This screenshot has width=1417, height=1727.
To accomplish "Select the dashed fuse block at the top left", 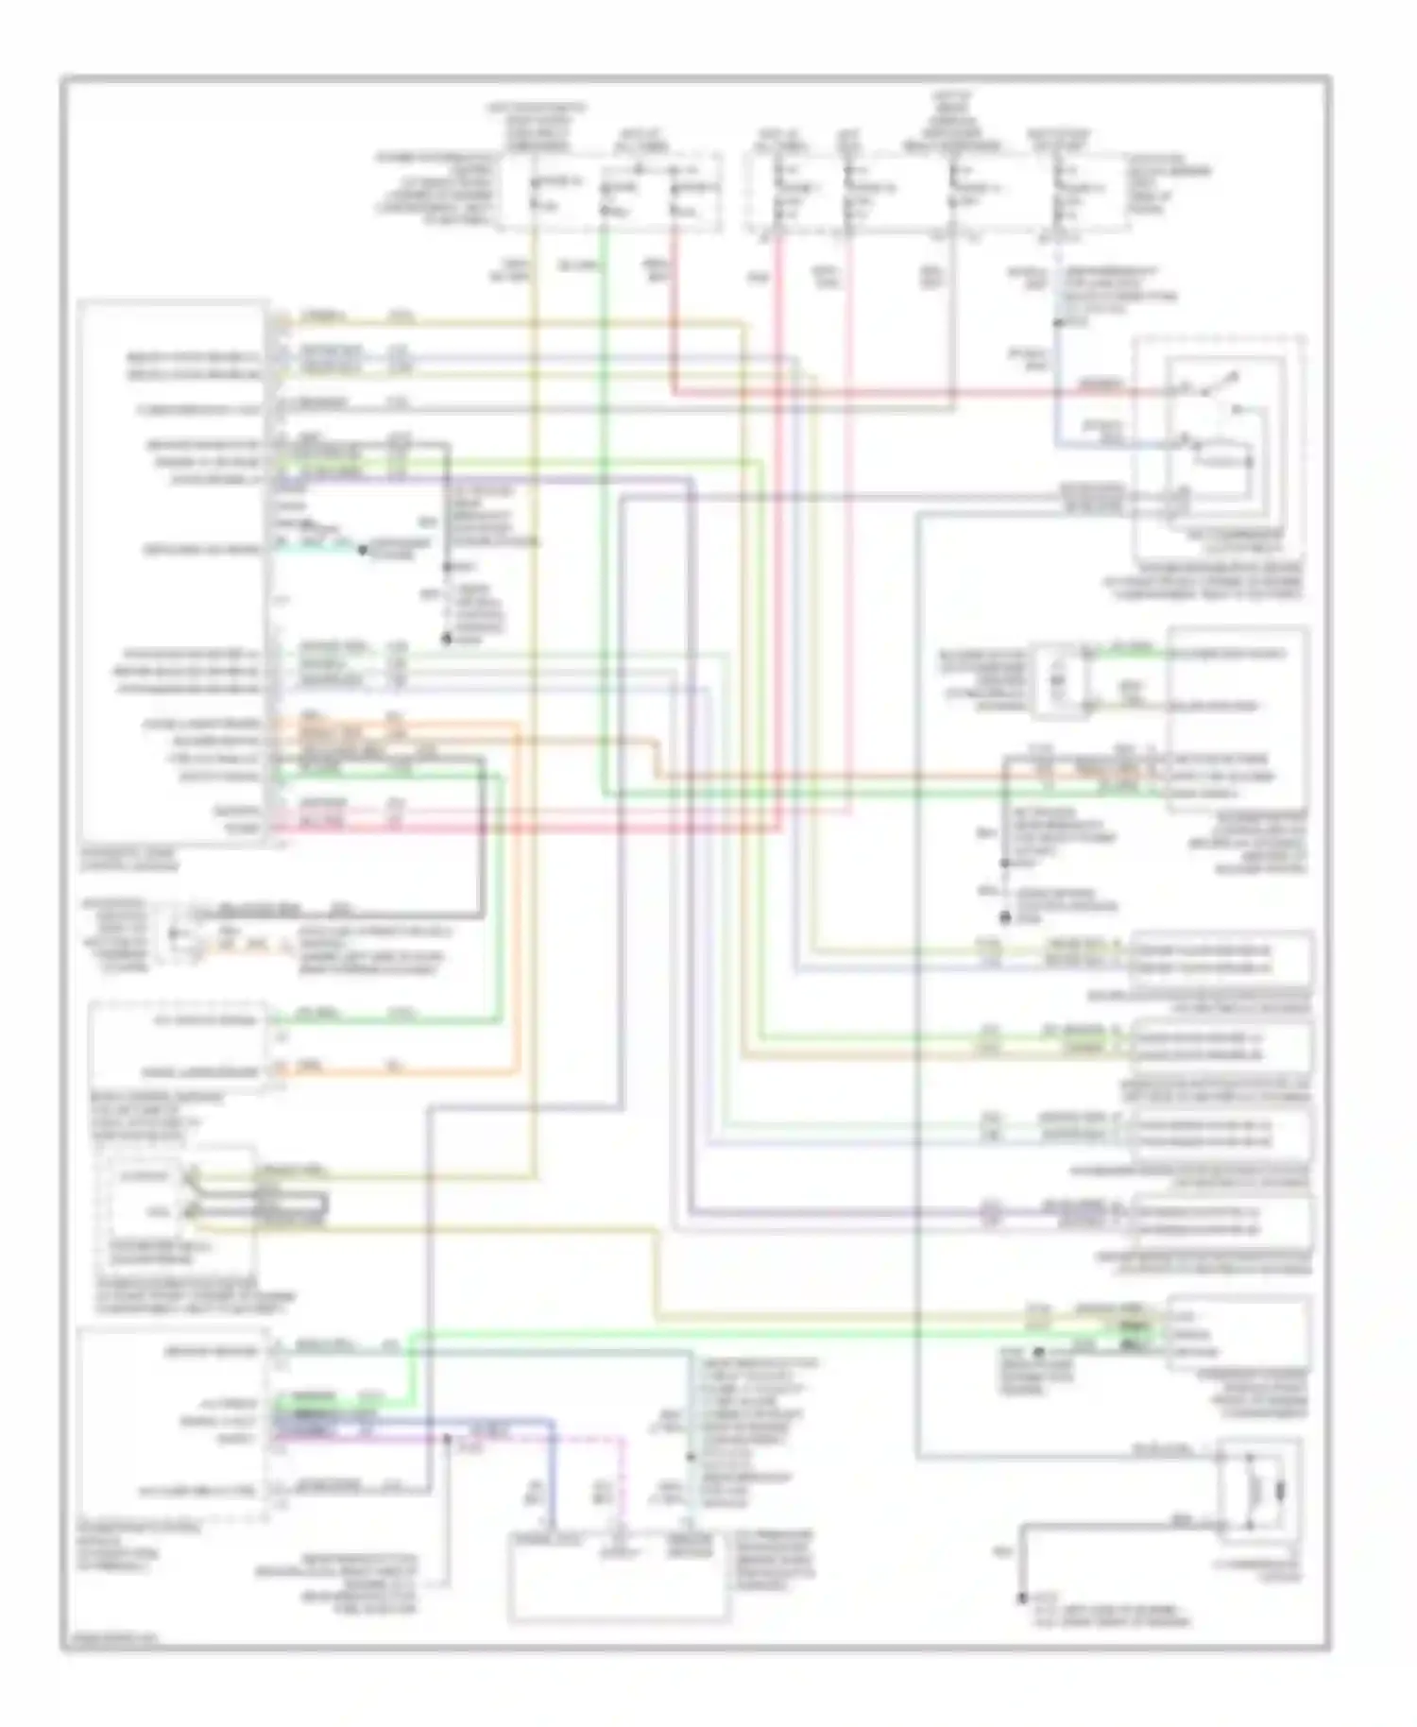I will [x=610, y=194].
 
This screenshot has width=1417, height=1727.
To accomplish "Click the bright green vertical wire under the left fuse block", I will [x=602, y=472].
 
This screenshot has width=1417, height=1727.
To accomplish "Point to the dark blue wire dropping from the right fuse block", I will [x=1057, y=359].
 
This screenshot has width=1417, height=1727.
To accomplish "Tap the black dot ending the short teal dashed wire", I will [x=361, y=548].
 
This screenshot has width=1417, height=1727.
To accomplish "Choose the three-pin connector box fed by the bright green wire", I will [x=1238, y=1332].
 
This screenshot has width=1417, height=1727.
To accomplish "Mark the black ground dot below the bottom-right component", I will [x=1022, y=1599].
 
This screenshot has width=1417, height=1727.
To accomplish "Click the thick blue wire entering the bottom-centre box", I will [x=552, y=1474].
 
